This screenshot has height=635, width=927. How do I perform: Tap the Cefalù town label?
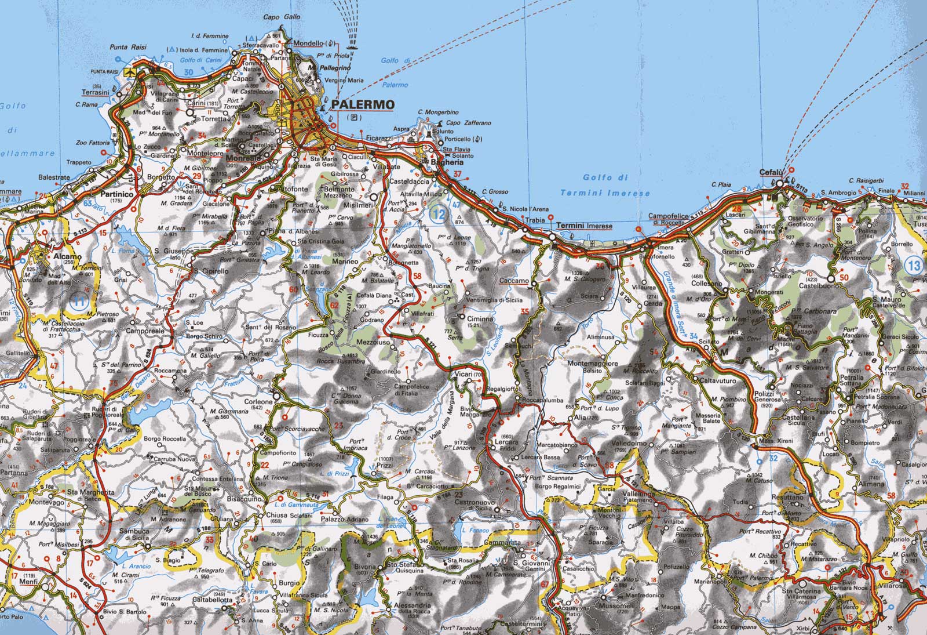[x=771, y=173]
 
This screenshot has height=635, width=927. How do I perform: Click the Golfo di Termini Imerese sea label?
[x=605, y=185]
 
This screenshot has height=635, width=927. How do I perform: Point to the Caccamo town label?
[x=513, y=281]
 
